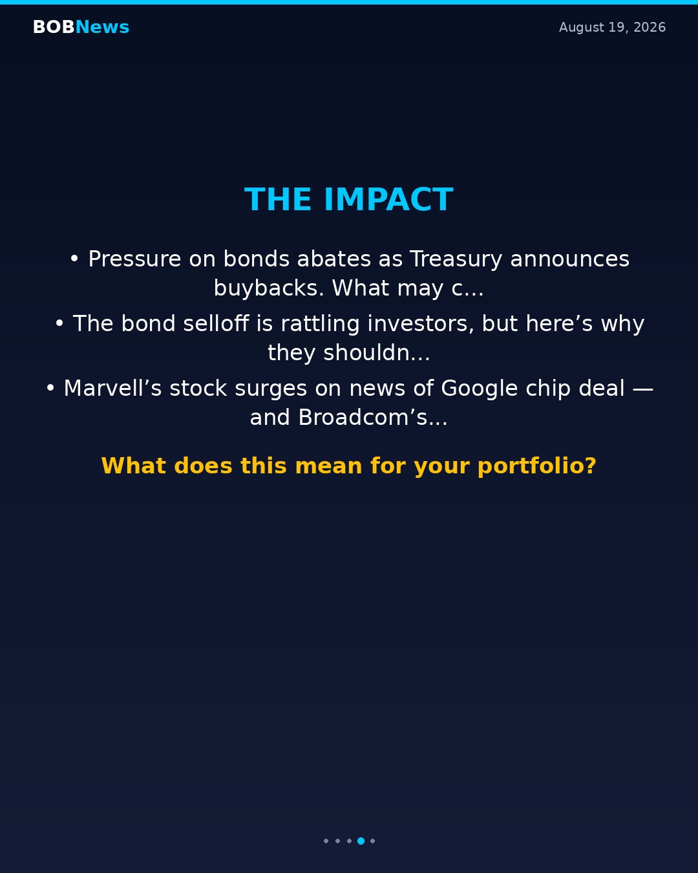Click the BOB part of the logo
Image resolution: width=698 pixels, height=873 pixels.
point(54,27)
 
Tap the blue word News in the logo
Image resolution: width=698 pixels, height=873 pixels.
point(102,27)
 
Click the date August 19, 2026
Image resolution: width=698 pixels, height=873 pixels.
point(612,27)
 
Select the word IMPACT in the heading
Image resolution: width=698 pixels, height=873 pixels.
point(388,199)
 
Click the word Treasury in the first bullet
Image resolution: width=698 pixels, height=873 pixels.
point(456,259)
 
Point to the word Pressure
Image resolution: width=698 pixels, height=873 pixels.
point(134,259)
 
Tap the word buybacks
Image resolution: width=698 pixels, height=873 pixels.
point(269,288)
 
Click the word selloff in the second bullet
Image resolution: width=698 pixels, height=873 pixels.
point(216,323)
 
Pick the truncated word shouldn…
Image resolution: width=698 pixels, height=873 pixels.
point(376,352)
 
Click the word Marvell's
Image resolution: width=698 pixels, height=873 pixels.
point(112,388)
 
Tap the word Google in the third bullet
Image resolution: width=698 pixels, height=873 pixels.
point(480,388)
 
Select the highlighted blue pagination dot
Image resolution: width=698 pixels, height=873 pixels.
point(361,841)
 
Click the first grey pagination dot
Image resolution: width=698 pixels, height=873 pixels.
point(326,841)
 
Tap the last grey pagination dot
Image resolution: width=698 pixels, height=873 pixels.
point(373,841)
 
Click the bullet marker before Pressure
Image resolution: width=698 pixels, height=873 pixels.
point(74,259)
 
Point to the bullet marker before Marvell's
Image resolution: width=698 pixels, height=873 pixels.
point(50,388)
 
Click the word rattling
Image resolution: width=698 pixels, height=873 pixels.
point(321,324)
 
